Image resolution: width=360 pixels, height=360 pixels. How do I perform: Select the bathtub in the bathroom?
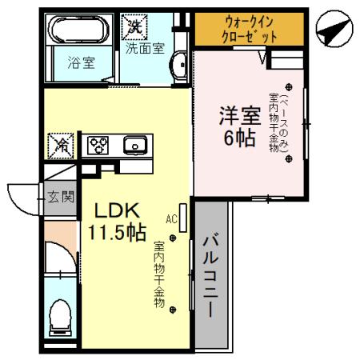(80, 30)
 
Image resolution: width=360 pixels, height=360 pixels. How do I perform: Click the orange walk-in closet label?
(249, 30)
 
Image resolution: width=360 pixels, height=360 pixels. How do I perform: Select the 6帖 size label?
(239, 138)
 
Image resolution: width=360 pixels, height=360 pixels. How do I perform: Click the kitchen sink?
(133, 146)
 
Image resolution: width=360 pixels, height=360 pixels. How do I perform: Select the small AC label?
(171, 218)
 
